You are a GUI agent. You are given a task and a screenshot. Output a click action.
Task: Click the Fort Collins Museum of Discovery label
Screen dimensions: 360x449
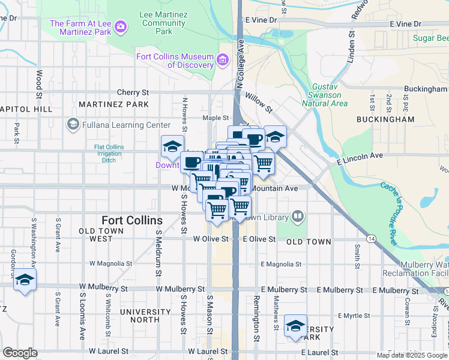pos(175,61)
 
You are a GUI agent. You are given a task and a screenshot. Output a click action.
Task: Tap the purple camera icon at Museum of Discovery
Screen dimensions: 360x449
pos(223,59)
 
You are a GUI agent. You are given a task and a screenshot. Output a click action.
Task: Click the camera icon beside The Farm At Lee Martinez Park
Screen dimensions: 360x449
pos(121,26)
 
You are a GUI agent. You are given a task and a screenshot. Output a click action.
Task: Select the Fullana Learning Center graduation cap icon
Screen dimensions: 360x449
pos(73,125)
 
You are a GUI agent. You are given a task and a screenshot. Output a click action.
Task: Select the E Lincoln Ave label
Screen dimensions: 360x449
pos(360,155)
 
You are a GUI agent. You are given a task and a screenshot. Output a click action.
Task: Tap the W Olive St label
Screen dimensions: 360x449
pos(211,239)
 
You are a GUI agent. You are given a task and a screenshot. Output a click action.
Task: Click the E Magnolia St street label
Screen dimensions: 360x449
pos(281,264)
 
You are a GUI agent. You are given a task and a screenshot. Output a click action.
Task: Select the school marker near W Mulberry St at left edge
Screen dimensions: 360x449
pos(25,280)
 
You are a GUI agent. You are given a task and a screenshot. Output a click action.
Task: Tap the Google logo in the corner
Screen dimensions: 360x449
pos(20,353)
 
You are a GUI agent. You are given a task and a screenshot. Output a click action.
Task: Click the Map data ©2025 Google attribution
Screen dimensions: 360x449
pos(412,355)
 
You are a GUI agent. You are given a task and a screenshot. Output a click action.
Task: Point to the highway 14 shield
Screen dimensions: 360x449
pos(372,239)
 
